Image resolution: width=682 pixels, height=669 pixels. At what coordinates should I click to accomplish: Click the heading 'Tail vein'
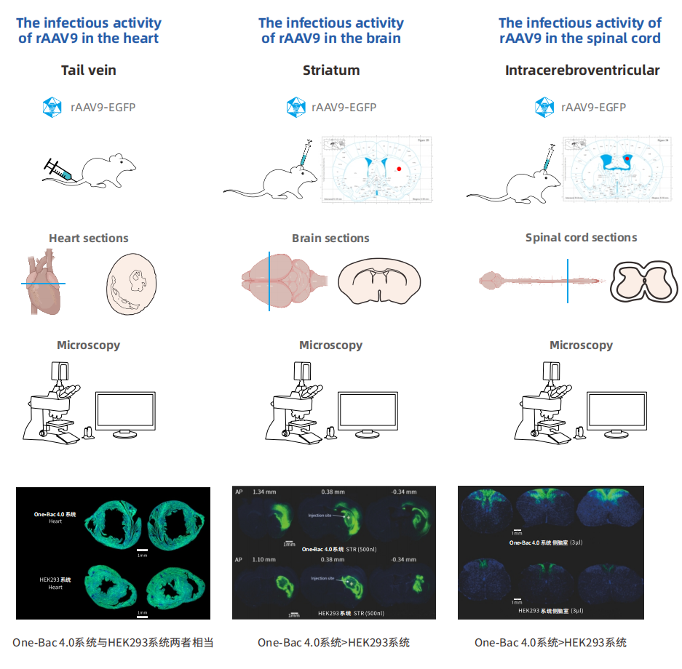89,71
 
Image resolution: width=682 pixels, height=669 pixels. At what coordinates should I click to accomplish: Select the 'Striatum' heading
331,71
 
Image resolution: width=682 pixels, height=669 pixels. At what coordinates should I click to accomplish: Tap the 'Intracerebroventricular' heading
582,71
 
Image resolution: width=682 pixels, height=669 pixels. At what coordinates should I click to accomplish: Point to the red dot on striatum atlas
399,169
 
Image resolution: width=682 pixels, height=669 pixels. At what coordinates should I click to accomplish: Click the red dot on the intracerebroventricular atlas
627,156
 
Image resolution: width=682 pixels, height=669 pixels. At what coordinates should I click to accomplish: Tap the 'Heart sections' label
89,238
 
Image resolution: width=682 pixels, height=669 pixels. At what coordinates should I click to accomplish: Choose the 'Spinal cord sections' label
581,237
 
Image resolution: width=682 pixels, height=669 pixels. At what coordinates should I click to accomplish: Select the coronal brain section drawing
379,281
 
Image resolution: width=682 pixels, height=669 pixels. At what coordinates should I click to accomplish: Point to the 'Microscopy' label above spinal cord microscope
581,345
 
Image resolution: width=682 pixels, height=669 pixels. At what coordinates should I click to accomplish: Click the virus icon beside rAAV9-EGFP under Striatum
296,108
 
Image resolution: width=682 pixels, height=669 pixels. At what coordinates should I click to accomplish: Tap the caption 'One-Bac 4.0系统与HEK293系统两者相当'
113,642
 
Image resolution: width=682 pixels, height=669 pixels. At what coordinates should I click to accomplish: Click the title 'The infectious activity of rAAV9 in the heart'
89,30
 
